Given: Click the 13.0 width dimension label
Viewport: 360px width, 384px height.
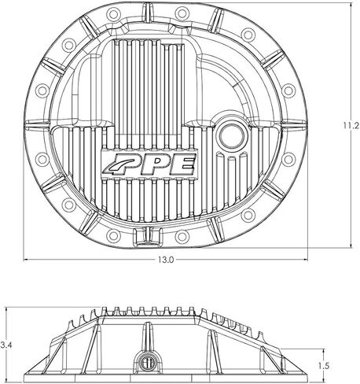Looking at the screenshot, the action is click(166, 260).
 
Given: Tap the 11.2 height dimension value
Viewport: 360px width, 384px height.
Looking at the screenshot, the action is click(351, 126).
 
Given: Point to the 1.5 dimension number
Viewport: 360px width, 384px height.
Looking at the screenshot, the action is click(324, 366).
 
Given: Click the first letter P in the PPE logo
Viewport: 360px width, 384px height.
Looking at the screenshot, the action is click(138, 166).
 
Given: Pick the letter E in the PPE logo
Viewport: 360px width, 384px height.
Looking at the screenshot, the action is click(182, 164).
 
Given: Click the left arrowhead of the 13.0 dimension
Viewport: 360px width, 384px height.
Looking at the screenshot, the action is click(25, 260).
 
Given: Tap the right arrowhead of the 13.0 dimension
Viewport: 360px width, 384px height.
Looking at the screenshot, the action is click(305, 260).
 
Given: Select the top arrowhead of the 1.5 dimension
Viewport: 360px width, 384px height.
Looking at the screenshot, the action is click(324, 351).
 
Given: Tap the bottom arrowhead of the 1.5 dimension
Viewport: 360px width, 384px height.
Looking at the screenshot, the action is click(324, 379).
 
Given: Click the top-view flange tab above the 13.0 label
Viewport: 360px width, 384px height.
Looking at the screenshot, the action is click(147, 237).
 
